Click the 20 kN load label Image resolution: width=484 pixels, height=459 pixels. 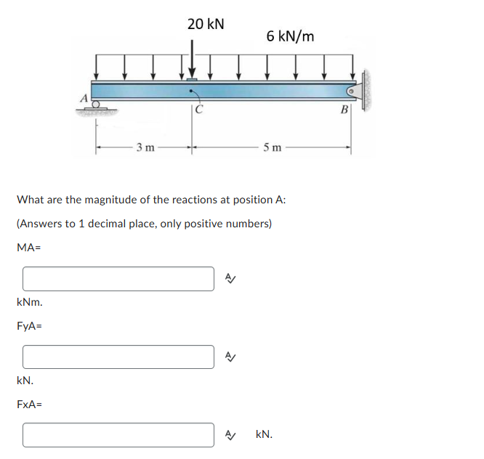tap(206, 24)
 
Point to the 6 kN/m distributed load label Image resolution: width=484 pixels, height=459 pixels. tap(290, 36)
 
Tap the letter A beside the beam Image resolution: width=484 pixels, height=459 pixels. tap(84, 97)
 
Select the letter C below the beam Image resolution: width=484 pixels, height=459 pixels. tap(198, 110)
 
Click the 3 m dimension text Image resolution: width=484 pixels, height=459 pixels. tap(145, 148)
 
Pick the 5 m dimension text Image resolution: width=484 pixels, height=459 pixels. tap(273, 148)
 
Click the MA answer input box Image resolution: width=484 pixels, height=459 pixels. tap(118, 279)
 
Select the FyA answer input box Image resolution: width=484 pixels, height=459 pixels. tap(118, 357)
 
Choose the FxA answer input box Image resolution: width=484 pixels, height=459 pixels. tap(118, 434)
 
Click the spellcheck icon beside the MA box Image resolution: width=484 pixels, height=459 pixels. tap(230, 279)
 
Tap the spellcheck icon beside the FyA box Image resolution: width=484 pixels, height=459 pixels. tap(230, 357)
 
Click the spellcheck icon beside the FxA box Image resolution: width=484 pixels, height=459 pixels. tap(230, 434)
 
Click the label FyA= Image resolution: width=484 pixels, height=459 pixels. tap(29, 326)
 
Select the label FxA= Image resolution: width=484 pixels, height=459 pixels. tap(29, 404)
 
